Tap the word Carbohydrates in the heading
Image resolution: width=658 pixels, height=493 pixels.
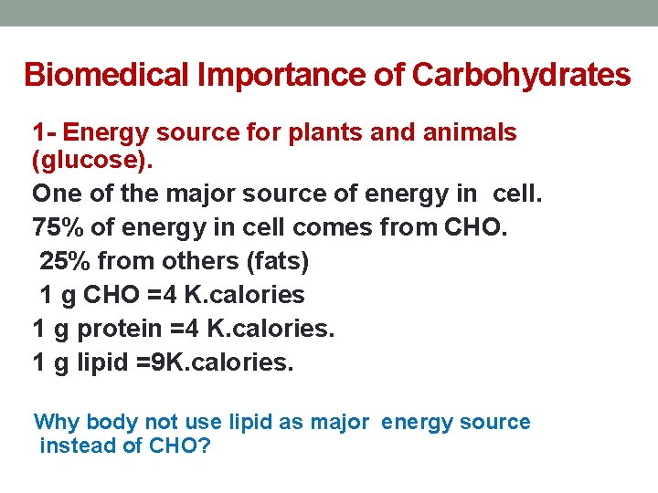pyautogui.click(x=521, y=75)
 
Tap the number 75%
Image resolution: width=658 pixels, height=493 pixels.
pyautogui.click(x=56, y=227)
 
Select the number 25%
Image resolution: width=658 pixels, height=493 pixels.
pyautogui.click(x=64, y=261)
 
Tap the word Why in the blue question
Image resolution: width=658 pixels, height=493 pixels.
pyautogui.click(x=56, y=422)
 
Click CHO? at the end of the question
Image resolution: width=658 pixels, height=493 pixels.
pyautogui.click(x=179, y=446)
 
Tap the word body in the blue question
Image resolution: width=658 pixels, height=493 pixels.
pyautogui.click(x=111, y=422)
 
